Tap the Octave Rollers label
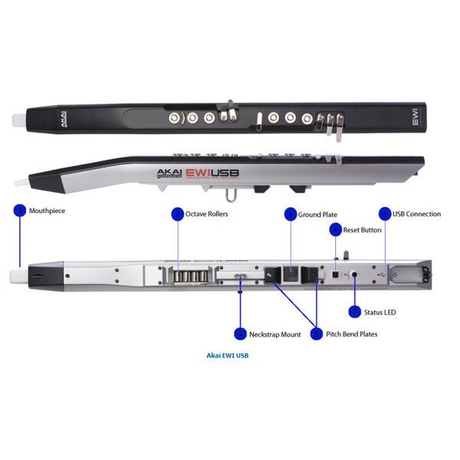click(206, 214)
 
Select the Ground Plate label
click(318, 215)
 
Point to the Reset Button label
click(362, 230)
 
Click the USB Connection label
click(416, 214)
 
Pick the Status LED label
click(381, 312)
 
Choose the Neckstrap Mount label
click(274, 334)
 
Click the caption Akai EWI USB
click(228, 356)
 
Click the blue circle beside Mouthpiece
click(20, 210)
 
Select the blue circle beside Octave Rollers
click(178, 214)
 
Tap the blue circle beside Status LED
click(354, 312)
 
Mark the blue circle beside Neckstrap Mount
click(241, 334)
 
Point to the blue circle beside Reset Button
click(335, 229)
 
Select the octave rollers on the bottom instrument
click(191, 274)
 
